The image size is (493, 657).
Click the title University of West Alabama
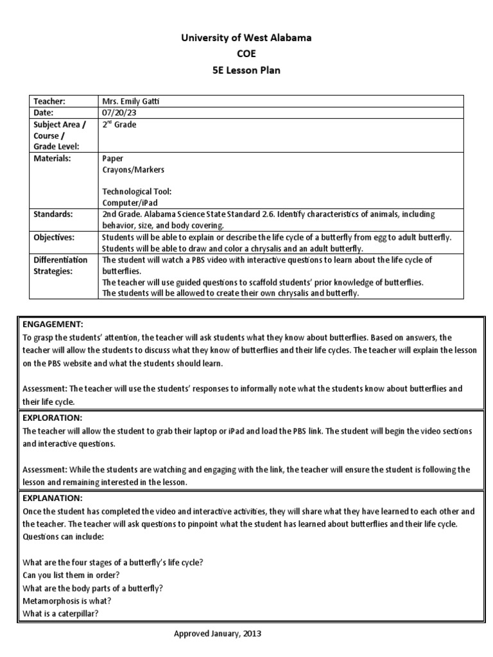(x=246, y=38)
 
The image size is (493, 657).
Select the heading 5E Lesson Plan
(x=246, y=71)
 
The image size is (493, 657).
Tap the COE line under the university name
(x=246, y=55)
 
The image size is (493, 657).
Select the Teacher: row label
(x=50, y=101)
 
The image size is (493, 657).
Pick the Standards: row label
(x=54, y=214)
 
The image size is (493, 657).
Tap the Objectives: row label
(x=55, y=237)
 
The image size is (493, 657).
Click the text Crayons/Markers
(x=133, y=169)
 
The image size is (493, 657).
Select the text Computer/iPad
(x=130, y=203)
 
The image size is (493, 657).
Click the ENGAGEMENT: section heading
(x=53, y=325)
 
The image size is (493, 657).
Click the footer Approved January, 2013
(x=218, y=634)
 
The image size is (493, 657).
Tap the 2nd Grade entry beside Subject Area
(x=119, y=124)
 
